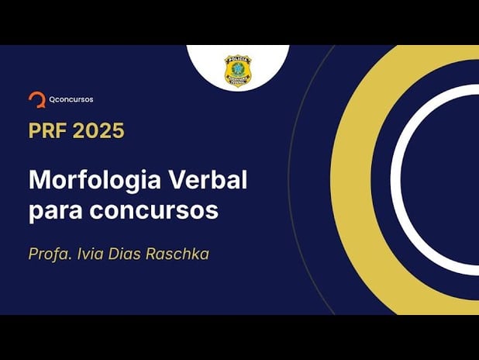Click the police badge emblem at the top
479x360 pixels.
pyautogui.click(x=237, y=71)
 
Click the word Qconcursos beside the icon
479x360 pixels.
pyautogui.click(x=71, y=99)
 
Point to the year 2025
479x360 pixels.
pyautogui.click(x=98, y=130)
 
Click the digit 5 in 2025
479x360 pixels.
pyautogui.click(x=117, y=130)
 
